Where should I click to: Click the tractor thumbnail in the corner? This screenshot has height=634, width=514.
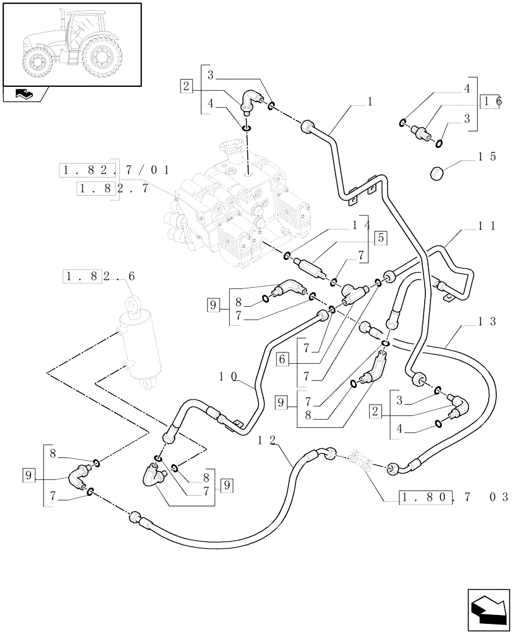point(71,43)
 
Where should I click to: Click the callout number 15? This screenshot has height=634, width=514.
point(488,157)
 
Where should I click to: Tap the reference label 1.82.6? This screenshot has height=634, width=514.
point(99,276)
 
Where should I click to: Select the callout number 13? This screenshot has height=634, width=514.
point(488,321)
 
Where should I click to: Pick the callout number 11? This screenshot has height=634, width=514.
point(487,225)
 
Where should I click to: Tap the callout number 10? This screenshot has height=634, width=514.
point(229,376)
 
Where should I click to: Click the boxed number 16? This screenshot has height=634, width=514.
point(491,101)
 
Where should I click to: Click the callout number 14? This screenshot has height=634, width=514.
point(360,224)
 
